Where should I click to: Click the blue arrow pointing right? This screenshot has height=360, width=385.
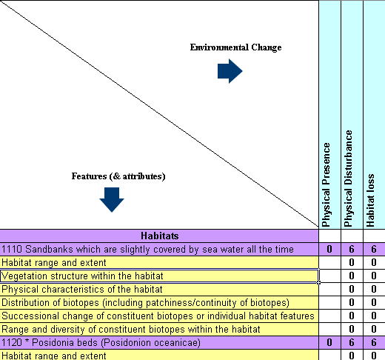pos(230,72)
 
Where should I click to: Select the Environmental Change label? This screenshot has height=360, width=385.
pos(235,47)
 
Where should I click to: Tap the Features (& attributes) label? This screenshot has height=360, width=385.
pos(118,176)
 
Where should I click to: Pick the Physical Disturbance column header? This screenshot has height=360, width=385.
pos(351,179)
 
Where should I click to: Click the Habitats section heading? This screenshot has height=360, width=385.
pos(159,236)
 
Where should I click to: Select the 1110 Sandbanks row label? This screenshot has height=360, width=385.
pos(148,249)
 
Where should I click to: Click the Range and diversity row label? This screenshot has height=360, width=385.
pos(130,329)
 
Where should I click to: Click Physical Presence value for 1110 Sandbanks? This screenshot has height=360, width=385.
pos(329,249)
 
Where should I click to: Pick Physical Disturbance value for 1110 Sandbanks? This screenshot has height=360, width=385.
pos(352,249)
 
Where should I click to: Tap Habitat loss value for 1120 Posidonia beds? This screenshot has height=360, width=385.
pos(374,342)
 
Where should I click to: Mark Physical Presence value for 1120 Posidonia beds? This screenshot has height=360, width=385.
pos(329,342)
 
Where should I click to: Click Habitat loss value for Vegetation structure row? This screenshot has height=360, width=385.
pos(374,276)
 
